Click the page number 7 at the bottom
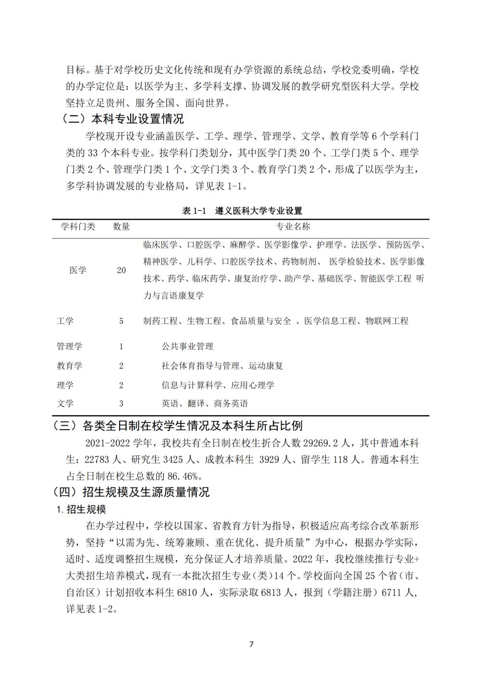tap(251, 644)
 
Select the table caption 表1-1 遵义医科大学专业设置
tap(242, 211)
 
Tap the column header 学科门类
tap(78, 226)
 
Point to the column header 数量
tap(121, 226)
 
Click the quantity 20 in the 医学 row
tap(121, 270)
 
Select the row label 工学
tap(65, 321)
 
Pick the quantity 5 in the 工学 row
tap(121, 321)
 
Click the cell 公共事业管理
tap(187, 347)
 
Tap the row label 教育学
tap(69, 366)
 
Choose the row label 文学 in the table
tap(65, 404)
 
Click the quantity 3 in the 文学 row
tap(121, 404)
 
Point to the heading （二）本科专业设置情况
tap(123, 119)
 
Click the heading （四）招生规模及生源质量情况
tap(131, 492)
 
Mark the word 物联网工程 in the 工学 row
tap(387, 321)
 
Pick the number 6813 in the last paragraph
tap(273, 592)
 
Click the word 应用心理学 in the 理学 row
tap(252, 385)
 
